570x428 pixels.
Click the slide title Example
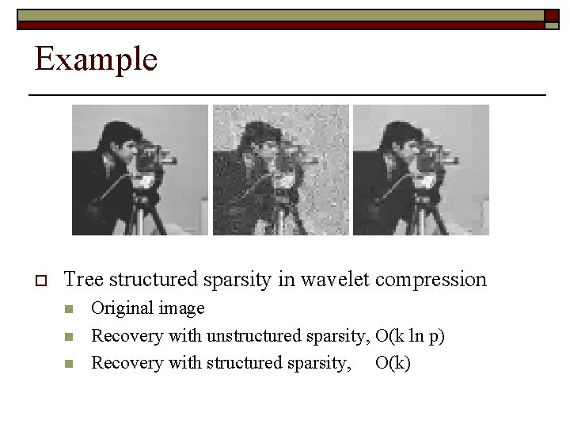click(96, 59)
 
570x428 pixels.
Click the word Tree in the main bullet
click(83, 280)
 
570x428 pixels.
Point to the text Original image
click(148, 308)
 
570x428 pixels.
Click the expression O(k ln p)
click(410, 336)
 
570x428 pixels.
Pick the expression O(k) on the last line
click(393, 363)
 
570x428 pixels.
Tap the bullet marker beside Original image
click(69, 309)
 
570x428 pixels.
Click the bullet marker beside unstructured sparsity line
click(69, 337)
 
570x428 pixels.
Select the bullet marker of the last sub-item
click(69, 364)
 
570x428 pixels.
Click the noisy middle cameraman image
click(280, 170)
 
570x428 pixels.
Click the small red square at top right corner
click(551, 15)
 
